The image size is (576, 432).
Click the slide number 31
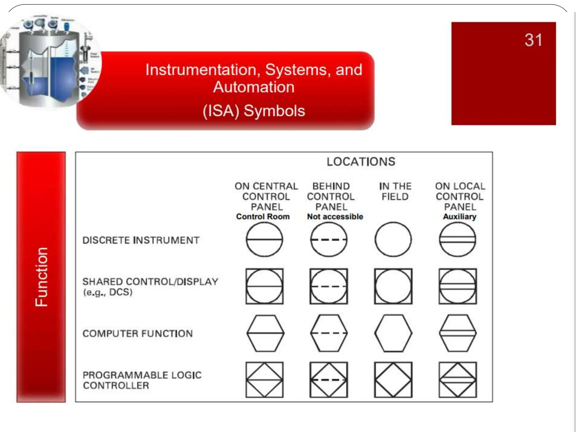(x=533, y=40)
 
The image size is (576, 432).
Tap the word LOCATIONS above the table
(x=361, y=162)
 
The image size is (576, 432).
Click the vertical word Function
(x=41, y=277)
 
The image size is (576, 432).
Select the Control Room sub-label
(x=263, y=217)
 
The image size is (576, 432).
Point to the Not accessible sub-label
(x=335, y=217)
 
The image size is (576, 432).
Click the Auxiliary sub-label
(x=460, y=217)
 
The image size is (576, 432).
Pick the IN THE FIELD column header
(x=395, y=191)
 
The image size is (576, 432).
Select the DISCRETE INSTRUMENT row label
(x=141, y=240)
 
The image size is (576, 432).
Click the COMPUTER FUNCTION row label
(x=138, y=334)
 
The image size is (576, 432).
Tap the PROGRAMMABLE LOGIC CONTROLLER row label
(x=142, y=380)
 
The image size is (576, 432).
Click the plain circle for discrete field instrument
(x=393, y=240)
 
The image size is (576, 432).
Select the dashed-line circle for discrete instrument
(x=328, y=240)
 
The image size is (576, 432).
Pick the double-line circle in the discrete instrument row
(x=457, y=240)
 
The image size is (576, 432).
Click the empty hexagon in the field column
(x=393, y=333)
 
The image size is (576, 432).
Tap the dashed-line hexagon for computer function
(x=328, y=333)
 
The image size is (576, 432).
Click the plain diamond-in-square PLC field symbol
(x=393, y=380)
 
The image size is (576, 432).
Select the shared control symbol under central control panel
(x=264, y=286)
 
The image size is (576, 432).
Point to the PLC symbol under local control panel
(x=457, y=380)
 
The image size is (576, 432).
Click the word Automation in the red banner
(x=254, y=87)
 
